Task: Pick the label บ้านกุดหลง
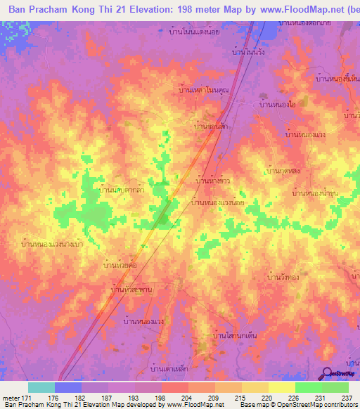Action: [x=284, y=170]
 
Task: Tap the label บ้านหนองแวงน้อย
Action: [x=217, y=202]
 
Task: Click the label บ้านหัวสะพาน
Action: [x=131, y=289]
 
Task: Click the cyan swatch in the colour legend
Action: [x=41, y=387]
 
